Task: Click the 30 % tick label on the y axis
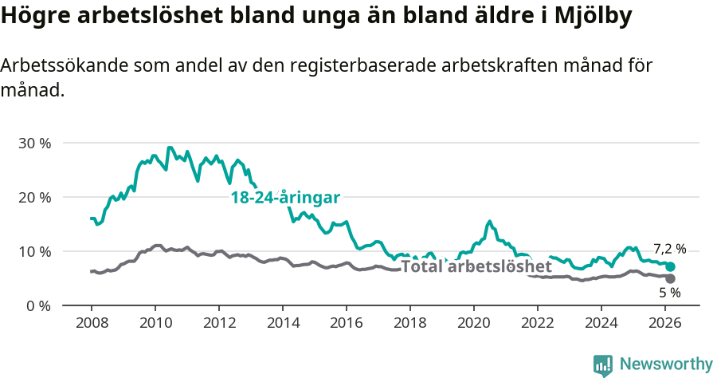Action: (34, 144)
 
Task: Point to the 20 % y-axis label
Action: (34, 198)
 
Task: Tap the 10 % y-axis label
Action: (34, 252)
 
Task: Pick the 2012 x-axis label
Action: (218, 323)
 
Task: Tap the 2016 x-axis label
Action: (346, 323)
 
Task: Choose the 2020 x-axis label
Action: (473, 323)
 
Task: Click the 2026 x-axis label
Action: (664, 323)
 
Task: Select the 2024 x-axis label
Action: (601, 323)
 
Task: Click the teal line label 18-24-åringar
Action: (285, 198)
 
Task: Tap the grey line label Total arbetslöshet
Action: (476, 266)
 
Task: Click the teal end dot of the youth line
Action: (670, 266)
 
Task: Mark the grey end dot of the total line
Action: (670, 278)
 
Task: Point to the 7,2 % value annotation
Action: (669, 249)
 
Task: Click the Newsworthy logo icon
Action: (603, 365)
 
